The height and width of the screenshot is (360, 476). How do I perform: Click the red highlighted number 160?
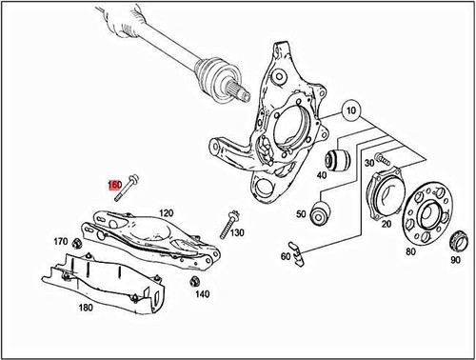(x=113, y=185)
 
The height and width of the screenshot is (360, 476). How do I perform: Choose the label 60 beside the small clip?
(x=285, y=255)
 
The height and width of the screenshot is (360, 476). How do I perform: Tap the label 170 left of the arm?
(x=61, y=242)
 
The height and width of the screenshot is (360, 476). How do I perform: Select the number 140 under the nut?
(x=202, y=294)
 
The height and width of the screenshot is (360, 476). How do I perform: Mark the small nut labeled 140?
(x=194, y=280)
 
